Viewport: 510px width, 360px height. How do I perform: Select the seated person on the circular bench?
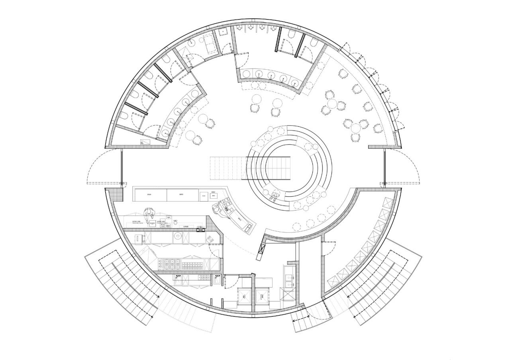(x=275, y=196)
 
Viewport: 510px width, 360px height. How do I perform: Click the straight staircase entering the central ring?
(x=227, y=168)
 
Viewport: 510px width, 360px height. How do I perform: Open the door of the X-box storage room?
(x=329, y=249)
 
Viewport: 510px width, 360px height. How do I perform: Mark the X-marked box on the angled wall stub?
(x=262, y=249)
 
